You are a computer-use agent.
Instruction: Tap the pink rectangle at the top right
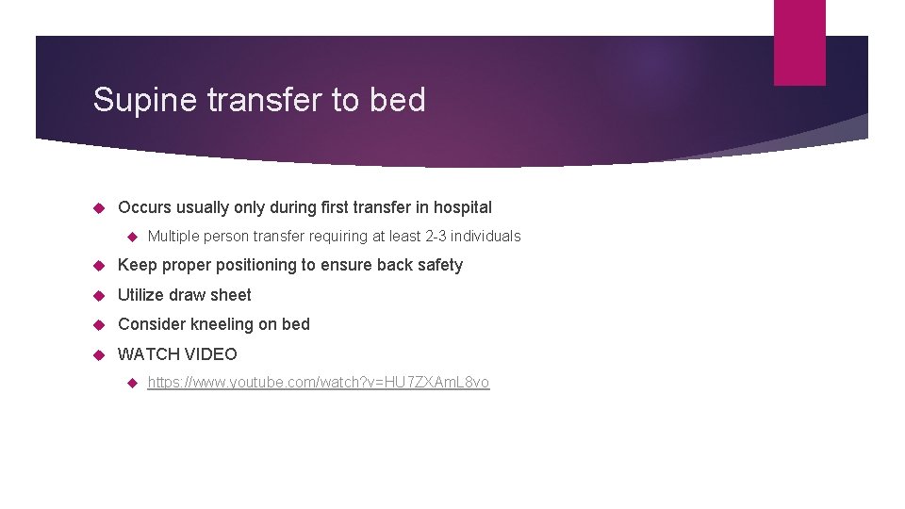(798, 42)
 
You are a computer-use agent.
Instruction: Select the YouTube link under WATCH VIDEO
(319, 383)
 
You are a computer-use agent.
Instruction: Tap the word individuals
(485, 237)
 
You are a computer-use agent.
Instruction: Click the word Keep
(136, 266)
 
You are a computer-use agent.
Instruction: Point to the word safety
(439, 266)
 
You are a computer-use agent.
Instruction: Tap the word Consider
(151, 324)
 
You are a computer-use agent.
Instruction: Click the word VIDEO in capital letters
(211, 354)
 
